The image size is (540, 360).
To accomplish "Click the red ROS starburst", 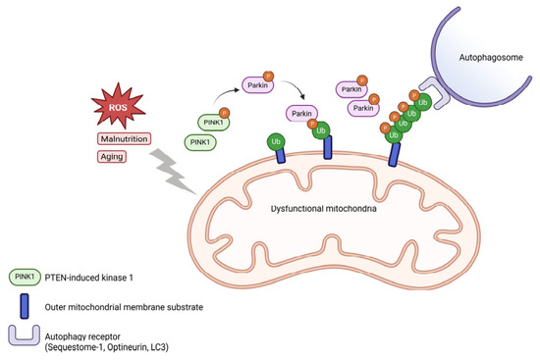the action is (118, 106).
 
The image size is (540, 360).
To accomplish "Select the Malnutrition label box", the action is (125, 138).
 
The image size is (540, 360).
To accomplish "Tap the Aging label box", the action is (112, 157).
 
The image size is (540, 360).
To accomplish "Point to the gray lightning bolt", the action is (172, 172).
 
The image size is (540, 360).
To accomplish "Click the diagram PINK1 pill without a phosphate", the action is (200, 142).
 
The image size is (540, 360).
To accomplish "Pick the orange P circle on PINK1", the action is (224, 113).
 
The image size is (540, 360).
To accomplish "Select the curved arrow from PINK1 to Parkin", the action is (225, 93).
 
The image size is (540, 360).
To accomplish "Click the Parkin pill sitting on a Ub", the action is (301, 114).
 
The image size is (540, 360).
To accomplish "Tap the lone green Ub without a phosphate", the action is (276, 142).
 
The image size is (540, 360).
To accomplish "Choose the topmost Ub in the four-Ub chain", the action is (422, 102).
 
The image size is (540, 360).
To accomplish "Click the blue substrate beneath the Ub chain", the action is (395, 155).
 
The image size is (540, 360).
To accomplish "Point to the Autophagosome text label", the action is (491, 58).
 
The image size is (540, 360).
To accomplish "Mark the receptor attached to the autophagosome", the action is (435, 92).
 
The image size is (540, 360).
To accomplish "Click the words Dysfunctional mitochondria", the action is (323, 209).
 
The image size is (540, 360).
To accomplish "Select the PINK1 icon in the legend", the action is (25, 277).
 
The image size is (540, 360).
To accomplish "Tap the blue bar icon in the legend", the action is (25, 306).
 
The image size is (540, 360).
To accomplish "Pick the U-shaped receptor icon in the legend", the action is (25, 335).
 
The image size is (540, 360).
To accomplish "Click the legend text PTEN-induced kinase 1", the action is (88, 278).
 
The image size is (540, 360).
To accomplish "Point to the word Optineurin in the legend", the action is (127, 347).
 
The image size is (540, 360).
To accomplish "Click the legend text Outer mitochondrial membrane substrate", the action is (124, 307).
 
